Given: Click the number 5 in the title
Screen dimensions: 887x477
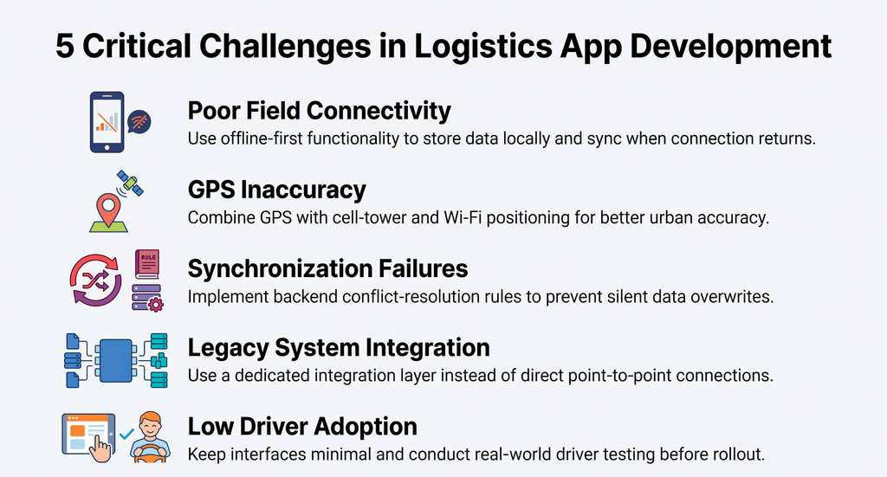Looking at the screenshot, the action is point(65,47).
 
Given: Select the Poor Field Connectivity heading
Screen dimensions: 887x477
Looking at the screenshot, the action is point(319,111).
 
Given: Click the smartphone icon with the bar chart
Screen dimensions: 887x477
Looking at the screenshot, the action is point(107,122).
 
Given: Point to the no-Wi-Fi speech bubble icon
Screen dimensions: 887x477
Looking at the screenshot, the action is point(139,122).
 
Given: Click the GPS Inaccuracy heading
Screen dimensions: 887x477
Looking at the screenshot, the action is point(276,190).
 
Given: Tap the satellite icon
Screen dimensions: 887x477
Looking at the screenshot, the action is point(130,184).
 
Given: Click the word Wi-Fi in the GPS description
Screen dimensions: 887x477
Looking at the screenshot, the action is point(463,217).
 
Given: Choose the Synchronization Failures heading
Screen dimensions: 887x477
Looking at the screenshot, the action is point(327,268).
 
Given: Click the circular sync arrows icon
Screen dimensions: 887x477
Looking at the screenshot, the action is point(95,280).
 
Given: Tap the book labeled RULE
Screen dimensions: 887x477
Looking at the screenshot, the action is point(147,264).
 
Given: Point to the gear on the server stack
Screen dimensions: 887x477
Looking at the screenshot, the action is point(155,305).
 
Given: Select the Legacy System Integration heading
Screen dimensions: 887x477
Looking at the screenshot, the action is point(339,348).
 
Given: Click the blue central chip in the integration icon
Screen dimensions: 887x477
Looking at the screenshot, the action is point(116,361).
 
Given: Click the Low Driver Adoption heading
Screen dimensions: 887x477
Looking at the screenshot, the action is point(302,427).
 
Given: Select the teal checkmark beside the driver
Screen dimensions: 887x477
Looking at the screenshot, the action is point(126,434).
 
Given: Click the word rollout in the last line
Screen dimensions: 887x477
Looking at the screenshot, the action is point(739,454).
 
